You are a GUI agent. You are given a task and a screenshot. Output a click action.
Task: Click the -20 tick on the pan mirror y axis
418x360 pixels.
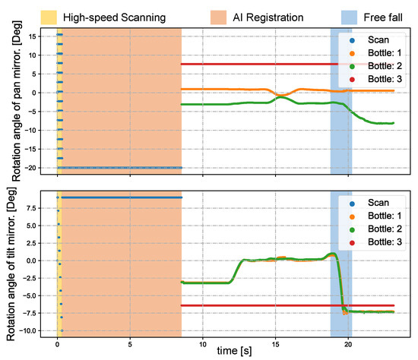pyautogui.click(x=37, y=168)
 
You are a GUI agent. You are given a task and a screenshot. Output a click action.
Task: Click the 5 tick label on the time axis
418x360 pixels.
pyautogui.click(x=130, y=343)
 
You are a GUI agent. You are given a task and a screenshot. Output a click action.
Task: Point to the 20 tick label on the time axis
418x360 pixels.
pyautogui.click(x=347, y=343)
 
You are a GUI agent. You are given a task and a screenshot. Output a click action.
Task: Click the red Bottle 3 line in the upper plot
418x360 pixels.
pyautogui.click(x=258, y=64)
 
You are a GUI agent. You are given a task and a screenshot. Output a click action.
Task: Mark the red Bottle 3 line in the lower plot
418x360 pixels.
pyautogui.click(x=258, y=305)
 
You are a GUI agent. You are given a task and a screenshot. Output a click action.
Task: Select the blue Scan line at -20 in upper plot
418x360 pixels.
pyautogui.click(x=122, y=167)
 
